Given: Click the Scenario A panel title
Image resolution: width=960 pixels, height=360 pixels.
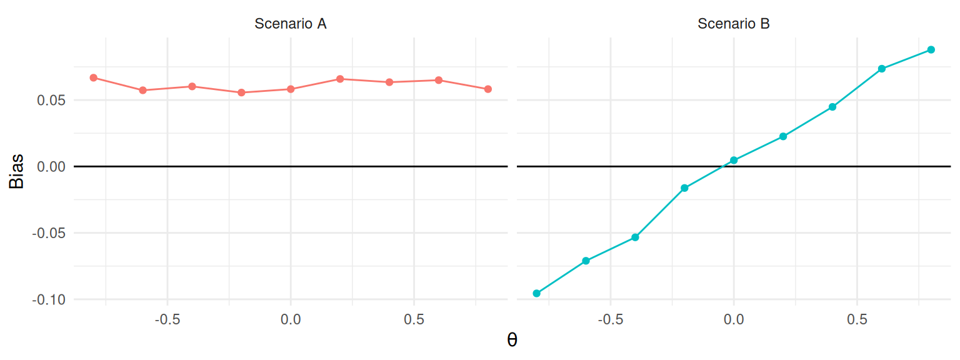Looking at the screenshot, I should click(291, 24).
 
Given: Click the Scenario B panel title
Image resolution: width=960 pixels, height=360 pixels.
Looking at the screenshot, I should click(733, 24).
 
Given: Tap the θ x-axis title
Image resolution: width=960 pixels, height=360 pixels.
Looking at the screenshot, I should click(512, 341).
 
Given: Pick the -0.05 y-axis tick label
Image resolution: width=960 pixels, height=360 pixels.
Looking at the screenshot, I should click(52, 233).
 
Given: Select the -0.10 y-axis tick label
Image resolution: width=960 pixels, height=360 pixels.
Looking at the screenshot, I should click(52, 299).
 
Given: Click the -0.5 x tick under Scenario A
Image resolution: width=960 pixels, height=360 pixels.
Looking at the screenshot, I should click(167, 319).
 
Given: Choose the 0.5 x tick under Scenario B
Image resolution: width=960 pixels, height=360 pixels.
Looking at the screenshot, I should click(857, 319).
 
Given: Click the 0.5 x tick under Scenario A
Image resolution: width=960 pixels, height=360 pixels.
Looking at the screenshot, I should click(414, 319).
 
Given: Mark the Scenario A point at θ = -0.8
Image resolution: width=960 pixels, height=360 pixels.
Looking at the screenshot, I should click(93, 77).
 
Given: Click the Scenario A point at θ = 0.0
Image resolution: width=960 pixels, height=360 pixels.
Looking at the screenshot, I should click(291, 89).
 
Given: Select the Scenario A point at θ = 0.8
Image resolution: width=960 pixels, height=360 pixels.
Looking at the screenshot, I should click(488, 89).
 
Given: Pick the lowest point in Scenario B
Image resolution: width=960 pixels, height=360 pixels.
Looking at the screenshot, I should click(536, 293).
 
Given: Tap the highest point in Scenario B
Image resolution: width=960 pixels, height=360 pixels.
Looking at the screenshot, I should click(931, 49).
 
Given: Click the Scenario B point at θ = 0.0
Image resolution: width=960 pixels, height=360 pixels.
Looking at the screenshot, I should click(734, 160).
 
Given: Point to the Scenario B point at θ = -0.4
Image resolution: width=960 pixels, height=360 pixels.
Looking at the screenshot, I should click(635, 237).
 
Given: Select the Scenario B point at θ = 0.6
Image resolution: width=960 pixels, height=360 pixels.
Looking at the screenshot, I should click(881, 69).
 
